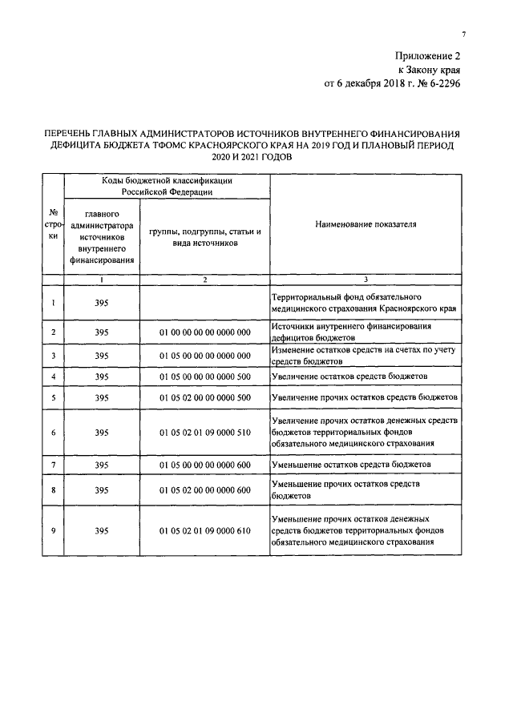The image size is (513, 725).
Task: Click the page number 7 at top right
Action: [463, 33]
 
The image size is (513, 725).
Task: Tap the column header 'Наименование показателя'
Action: [366, 226]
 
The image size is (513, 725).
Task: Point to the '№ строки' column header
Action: [53, 226]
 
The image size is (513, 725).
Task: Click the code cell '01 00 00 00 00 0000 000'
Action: [205, 332]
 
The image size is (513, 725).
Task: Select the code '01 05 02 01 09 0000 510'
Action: [205, 432]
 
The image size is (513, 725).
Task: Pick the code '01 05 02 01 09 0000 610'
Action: [205, 530]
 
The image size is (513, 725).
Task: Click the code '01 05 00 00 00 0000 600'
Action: [205, 465]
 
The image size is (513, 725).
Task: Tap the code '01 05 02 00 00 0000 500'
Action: [205, 397]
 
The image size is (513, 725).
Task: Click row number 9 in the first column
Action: [53, 530]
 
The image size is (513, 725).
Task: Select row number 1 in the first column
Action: [53, 303]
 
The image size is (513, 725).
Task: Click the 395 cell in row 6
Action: [101, 432]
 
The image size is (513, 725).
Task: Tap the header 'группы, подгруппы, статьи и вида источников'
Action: [205, 236]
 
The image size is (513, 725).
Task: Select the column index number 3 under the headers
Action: [366, 279]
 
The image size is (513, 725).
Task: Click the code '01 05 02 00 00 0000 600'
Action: [205, 489]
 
